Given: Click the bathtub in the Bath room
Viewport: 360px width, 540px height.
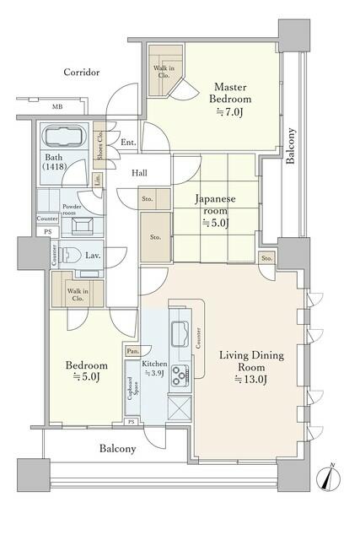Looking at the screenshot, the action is pyautogui.click(x=64, y=137).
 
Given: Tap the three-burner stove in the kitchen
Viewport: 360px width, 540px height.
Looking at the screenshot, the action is pyautogui.click(x=180, y=375).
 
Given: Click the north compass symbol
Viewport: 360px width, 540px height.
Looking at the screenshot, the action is pyautogui.click(x=328, y=478).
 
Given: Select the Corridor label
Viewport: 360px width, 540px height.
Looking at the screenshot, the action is pyautogui.click(x=82, y=73).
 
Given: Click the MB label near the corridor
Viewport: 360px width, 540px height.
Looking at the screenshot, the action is pyautogui.click(x=57, y=107).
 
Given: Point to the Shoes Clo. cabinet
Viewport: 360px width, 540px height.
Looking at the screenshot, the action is pyautogui.click(x=99, y=145).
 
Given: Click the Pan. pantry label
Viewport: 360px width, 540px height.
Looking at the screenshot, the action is pyautogui.click(x=133, y=351).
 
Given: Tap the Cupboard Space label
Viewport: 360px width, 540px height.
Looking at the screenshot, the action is pyautogui.click(x=132, y=388).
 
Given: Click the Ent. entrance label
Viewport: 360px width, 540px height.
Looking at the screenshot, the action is pyautogui.click(x=128, y=142).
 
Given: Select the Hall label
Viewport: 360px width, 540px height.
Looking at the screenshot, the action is pyautogui.click(x=139, y=173).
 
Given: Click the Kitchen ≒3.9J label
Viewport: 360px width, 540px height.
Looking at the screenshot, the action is pyautogui.click(x=154, y=368).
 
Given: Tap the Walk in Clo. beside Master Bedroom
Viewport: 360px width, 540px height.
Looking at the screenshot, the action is pyautogui.click(x=164, y=71).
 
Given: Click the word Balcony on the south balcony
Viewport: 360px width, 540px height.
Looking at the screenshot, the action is pyautogui.click(x=118, y=448).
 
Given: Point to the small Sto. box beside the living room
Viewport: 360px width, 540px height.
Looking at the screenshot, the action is pyautogui.click(x=266, y=258).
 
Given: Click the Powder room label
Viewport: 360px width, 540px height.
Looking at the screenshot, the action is pyautogui.click(x=72, y=210).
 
